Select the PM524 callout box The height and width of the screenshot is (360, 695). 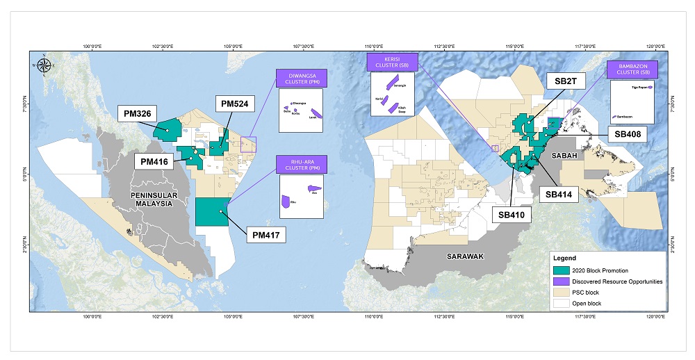point(234,104)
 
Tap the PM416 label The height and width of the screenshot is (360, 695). point(154,161)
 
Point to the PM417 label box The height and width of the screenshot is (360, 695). point(267,235)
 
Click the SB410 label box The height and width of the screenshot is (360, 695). point(514,215)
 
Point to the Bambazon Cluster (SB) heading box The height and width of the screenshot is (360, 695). point(632,69)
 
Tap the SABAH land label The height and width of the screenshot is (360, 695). point(565,156)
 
